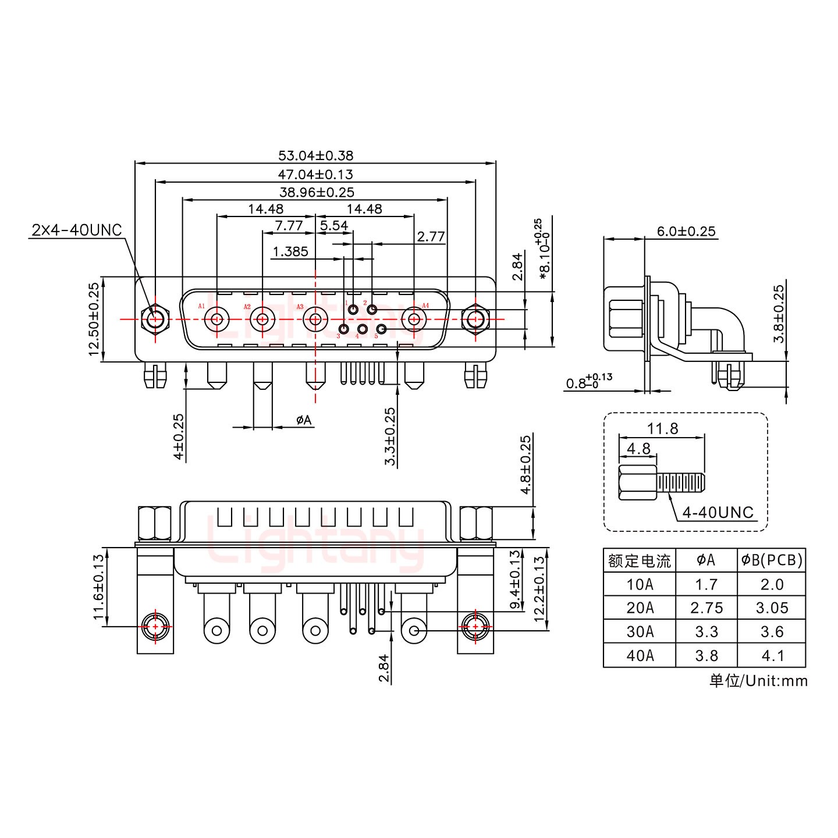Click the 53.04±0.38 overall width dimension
(x=315, y=155)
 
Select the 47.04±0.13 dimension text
(x=315, y=174)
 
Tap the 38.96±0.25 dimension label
(x=315, y=192)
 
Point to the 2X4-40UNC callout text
(x=76, y=230)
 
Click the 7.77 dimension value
(x=289, y=225)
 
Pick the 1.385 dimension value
(x=290, y=252)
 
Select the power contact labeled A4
(x=414, y=319)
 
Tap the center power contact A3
(x=315, y=319)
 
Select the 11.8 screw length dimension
(x=662, y=429)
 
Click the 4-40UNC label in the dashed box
(x=718, y=513)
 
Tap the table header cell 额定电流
(x=639, y=561)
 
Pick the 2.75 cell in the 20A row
(x=706, y=608)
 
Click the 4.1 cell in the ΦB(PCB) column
(x=772, y=656)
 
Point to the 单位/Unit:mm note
(x=758, y=680)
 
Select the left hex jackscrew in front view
(x=155, y=319)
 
